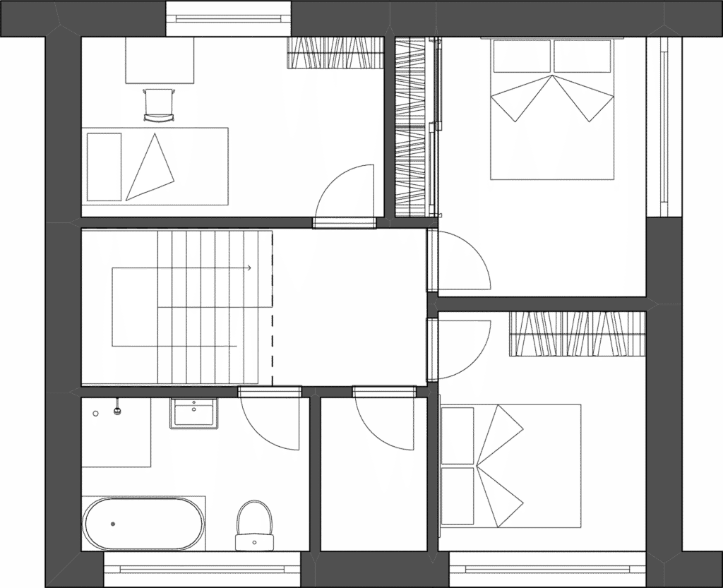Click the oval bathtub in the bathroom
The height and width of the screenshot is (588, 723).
point(144,523)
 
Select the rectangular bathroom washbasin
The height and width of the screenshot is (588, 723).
point(193,413)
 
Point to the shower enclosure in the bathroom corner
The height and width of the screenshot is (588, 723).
point(116,431)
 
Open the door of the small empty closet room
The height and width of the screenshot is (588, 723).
point(385,424)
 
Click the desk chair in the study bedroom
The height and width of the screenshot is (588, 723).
point(159,104)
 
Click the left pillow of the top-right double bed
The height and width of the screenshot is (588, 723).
point(521,56)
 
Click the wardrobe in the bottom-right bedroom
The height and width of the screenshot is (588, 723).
point(577,334)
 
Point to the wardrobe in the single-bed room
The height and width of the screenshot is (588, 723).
point(335,53)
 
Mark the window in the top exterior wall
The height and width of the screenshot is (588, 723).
point(229,19)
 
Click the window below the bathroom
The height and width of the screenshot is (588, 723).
point(202,569)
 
